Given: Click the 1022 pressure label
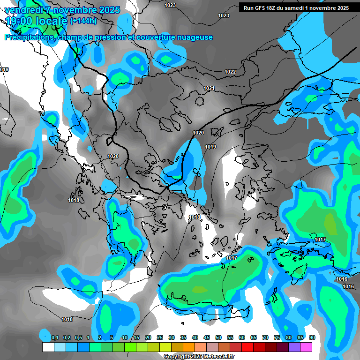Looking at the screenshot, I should [x=230, y=72].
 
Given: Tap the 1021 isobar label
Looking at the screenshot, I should [x=209, y=89].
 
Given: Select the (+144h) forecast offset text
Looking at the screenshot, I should [x=83, y=21].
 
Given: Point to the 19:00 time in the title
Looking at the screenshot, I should [x=21, y=21].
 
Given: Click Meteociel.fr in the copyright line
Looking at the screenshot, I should [x=212, y=357].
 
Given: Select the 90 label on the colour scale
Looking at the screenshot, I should [x=312, y=337].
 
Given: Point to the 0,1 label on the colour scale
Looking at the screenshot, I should [x=55, y=337].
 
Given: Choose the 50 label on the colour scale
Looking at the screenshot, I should [x=218, y=337].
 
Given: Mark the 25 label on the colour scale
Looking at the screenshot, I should [x=160, y=337].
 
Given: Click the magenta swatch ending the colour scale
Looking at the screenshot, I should [x=306, y=347].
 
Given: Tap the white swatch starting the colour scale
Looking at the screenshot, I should [x=48, y=347].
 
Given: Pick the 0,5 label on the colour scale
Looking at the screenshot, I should [x=78, y=337].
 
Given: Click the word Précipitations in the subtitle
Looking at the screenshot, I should [x=30, y=37].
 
